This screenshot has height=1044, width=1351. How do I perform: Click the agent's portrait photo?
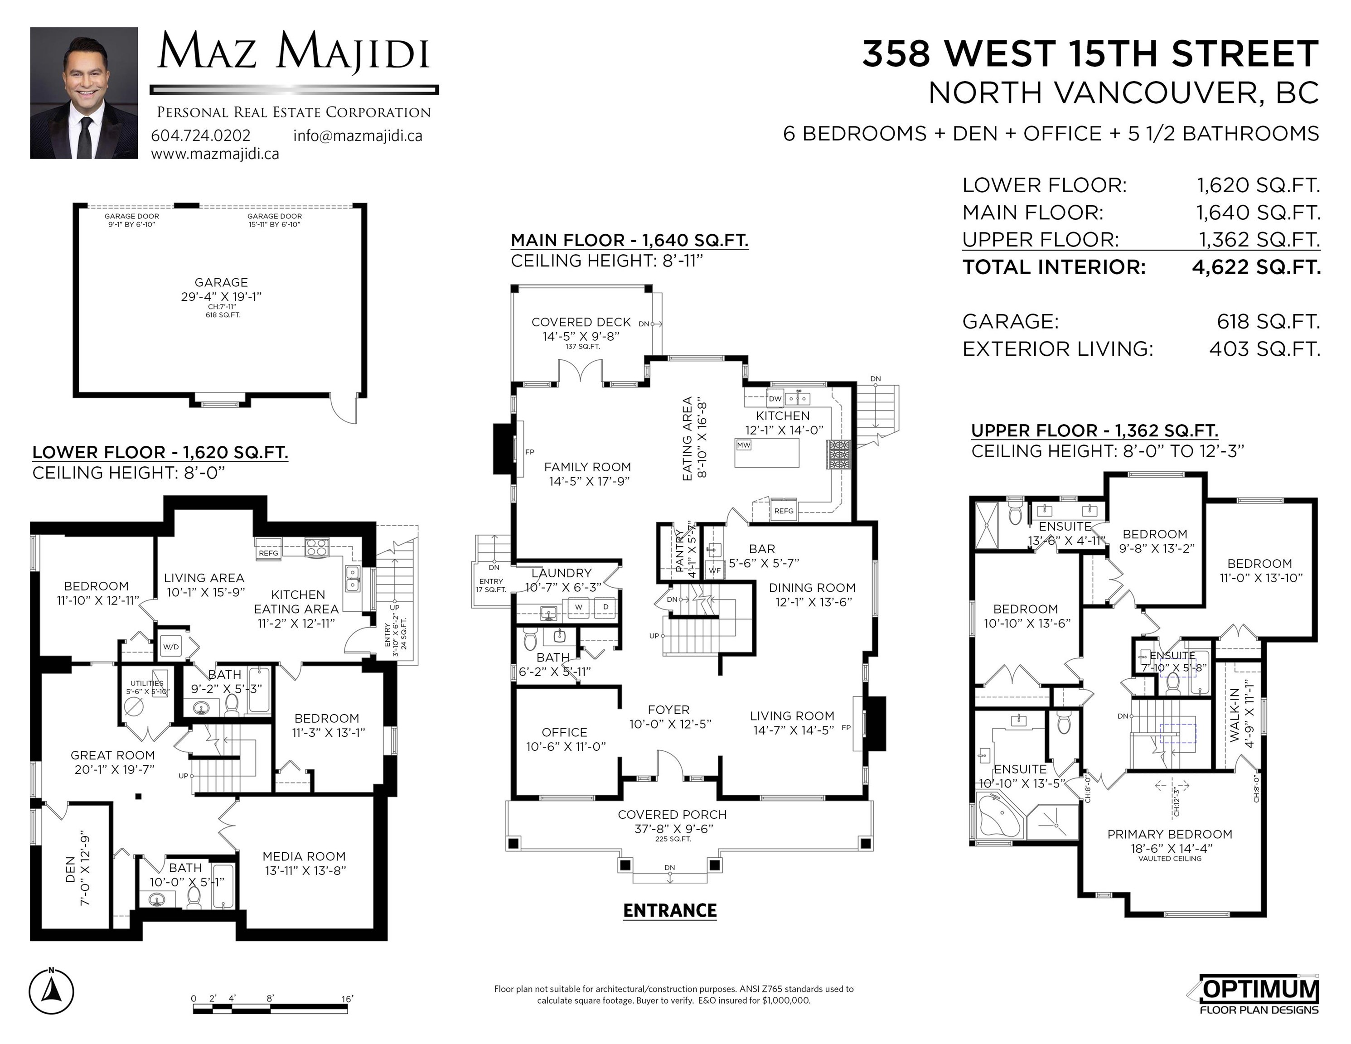pyautogui.click(x=84, y=93)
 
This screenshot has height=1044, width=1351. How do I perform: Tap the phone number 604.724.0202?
pyautogui.click(x=201, y=135)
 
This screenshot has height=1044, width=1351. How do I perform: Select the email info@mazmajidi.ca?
pyautogui.click(x=358, y=135)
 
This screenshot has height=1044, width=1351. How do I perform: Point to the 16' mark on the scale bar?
pyautogui.click(x=347, y=999)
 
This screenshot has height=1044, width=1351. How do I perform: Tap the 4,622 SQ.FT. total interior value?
pyautogui.click(x=1256, y=267)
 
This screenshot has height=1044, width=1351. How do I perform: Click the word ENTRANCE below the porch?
pyautogui.click(x=670, y=910)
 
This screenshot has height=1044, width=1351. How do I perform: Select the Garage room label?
pyautogui.click(x=222, y=282)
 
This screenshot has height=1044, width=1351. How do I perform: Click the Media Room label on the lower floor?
pyautogui.click(x=304, y=856)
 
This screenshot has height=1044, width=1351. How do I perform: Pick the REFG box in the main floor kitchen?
pyautogui.click(x=784, y=511)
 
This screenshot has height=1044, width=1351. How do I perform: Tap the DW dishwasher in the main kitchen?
pyautogui.click(x=775, y=398)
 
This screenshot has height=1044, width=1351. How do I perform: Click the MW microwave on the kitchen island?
pyautogui.click(x=744, y=445)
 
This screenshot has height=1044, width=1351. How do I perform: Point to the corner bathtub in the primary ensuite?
pyautogui.click(x=1000, y=817)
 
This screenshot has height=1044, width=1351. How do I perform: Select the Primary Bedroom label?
pyautogui.click(x=1170, y=834)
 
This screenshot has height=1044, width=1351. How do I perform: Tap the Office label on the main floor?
pyautogui.click(x=565, y=732)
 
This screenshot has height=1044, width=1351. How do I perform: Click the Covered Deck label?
pyautogui.click(x=581, y=322)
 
